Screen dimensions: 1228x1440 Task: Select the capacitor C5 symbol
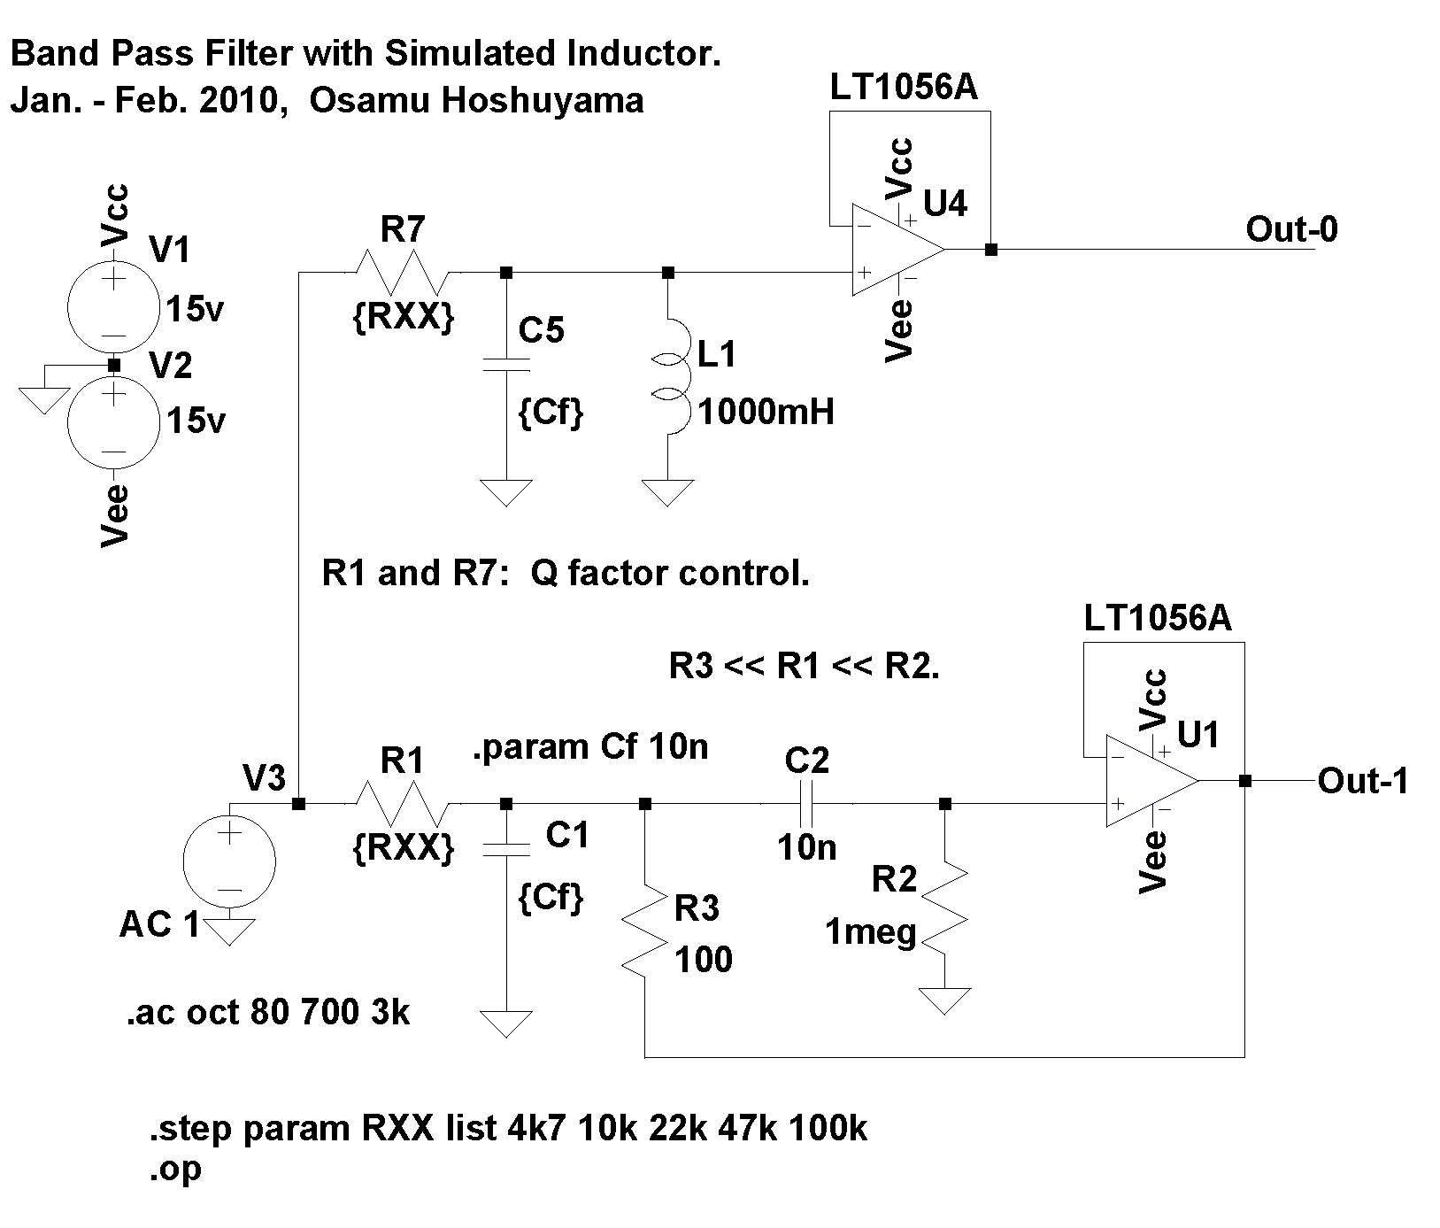(x=506, y=363)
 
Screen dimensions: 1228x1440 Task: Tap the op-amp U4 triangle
(x=894, y=250)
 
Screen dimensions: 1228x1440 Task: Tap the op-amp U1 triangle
(x=1148, y=782)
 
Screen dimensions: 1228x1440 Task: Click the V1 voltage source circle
(x=113, y=306)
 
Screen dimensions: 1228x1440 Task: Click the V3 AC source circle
(x=229, y=861)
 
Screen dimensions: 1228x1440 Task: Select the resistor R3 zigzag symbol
(x=646, y=930)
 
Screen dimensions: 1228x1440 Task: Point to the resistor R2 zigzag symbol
(x=945, y=912)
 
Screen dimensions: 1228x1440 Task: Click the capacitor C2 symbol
(x=806, y=804)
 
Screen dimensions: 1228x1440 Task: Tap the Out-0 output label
(x=1291, y=230)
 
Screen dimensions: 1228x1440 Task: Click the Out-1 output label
(x=1362, y=781)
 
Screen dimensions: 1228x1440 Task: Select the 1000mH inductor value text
(x=766, y=412)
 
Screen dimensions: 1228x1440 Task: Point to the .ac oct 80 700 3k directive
(x=268, y=1012)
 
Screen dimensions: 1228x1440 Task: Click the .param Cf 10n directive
(x=591, y=747)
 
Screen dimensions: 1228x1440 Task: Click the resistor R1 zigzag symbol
(x=403, y=804)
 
